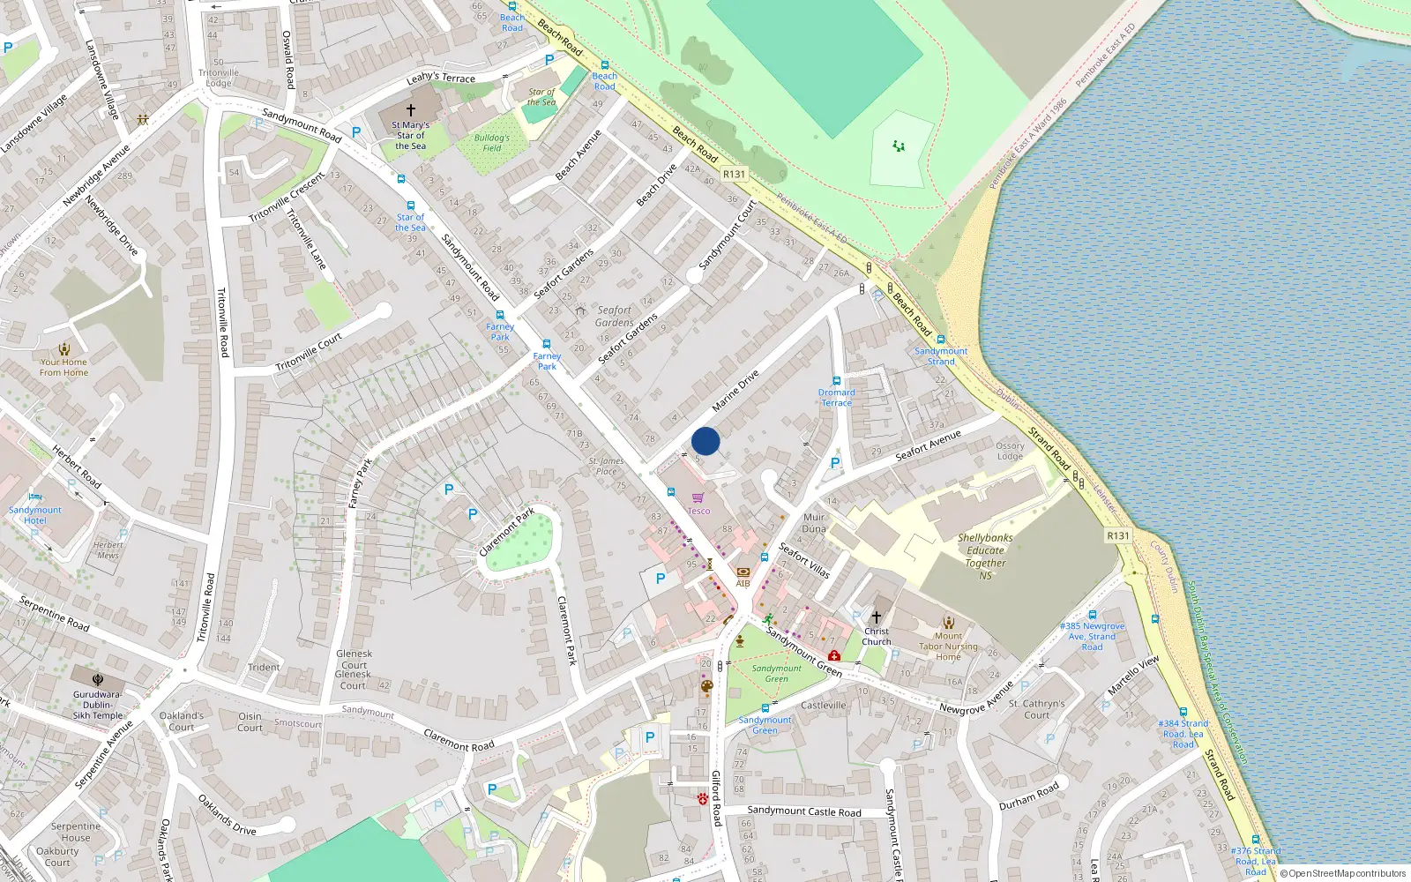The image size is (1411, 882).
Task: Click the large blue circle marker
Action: click(705, 441)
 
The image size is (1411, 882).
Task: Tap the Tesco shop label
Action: click(698, 511)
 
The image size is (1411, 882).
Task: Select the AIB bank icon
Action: click(743, 572)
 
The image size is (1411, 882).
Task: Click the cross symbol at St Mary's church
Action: click(410, 111)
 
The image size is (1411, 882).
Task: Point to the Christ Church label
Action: click(876, 636)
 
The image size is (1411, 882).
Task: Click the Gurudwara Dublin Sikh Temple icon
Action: click(98, 680)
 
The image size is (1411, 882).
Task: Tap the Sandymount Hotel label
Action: click(35, 515)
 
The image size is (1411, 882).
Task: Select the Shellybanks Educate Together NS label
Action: click(985, 556)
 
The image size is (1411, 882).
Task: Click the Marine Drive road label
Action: click(735, 391)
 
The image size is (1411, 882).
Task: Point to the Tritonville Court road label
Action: click(309, 353)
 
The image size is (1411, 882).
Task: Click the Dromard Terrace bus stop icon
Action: click(836, 381)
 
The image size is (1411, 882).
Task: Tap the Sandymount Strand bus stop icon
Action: click(941, 340)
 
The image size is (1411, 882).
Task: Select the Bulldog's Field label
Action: click(491, 143)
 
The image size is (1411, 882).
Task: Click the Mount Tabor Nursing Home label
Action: click(948, 646)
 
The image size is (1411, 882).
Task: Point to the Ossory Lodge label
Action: click(1010, 451)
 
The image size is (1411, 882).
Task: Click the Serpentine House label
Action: click(76, 832)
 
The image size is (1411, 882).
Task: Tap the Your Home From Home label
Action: click(63, 367)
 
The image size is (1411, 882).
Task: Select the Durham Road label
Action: click(1029, 796)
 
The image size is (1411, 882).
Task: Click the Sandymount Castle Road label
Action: click(803, 811)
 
